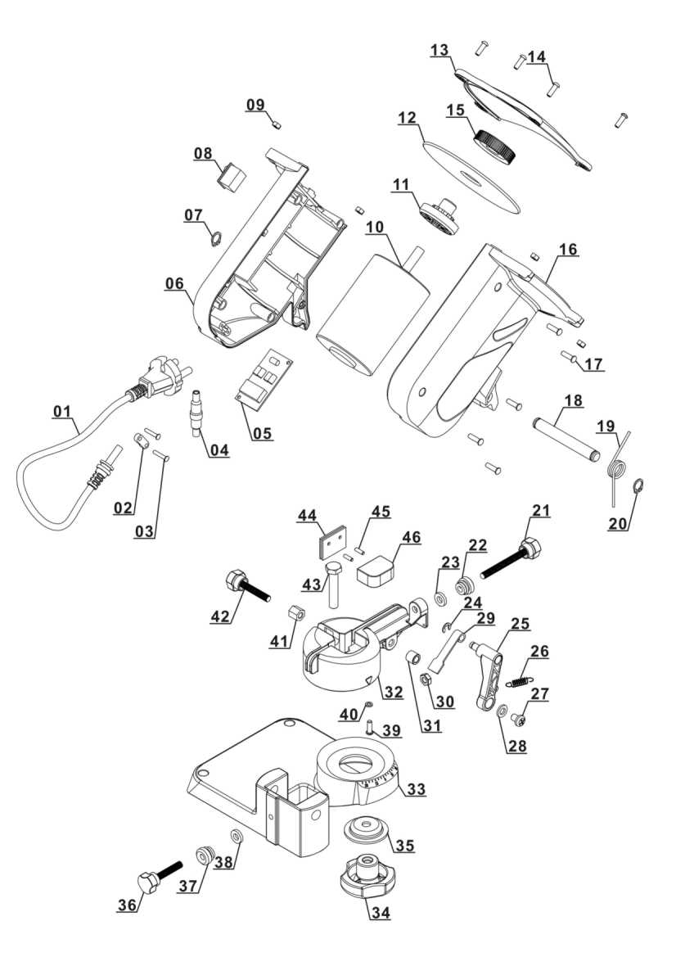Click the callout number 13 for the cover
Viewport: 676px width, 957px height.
point(440,51)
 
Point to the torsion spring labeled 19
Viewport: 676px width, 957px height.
point(620,463)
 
